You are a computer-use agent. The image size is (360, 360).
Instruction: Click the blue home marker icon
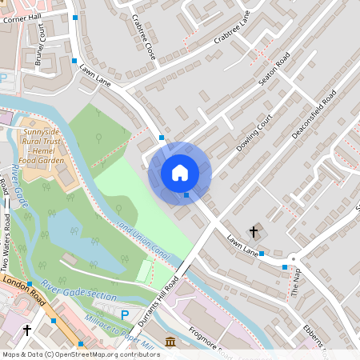180,173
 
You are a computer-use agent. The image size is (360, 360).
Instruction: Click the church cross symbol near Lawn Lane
254,232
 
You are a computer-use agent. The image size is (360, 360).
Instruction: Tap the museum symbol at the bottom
170,343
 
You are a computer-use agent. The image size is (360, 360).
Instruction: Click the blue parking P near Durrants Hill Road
124,315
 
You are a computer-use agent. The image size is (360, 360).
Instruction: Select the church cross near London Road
26,330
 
